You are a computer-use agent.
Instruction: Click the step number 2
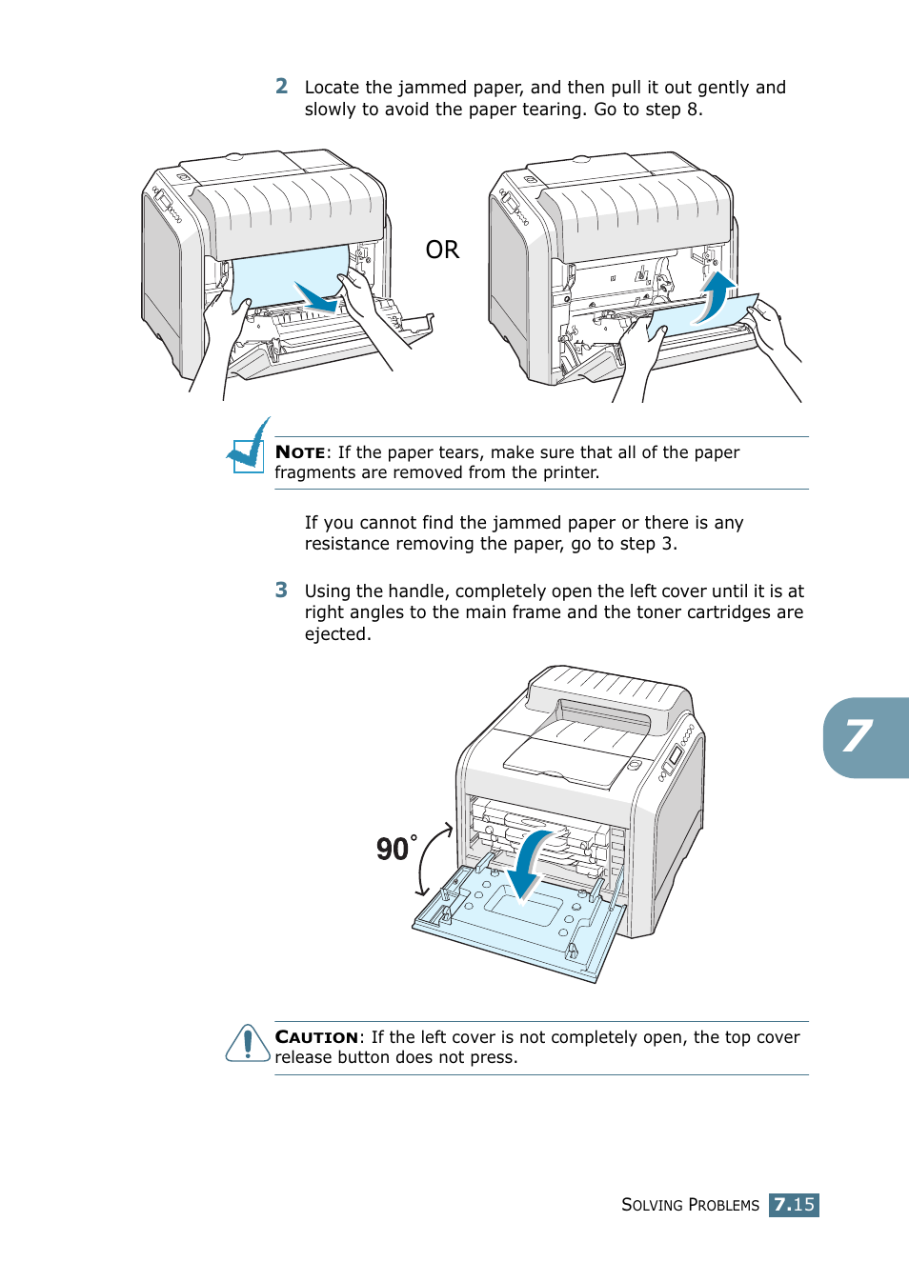click(281, 87)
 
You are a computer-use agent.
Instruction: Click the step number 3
click(281, 591)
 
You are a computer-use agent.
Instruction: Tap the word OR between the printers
click(442, 250)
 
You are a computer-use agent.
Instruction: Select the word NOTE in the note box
click(300, 452)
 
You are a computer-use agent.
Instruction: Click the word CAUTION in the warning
click(316, 1037)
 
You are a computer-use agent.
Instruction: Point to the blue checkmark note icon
click(249, 447)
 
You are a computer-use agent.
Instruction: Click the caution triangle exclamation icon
click(248, 1044)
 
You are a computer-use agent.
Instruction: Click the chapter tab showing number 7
click(863, 737)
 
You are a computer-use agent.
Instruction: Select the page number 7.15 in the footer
click(794, 1205)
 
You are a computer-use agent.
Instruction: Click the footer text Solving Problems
click(690, 1205)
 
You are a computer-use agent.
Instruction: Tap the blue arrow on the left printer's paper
click(315, 296)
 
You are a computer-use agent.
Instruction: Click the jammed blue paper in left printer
click(276, 276)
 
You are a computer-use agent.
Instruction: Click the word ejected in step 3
click(337, 634)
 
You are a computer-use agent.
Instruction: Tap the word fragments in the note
click(313, 473)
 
